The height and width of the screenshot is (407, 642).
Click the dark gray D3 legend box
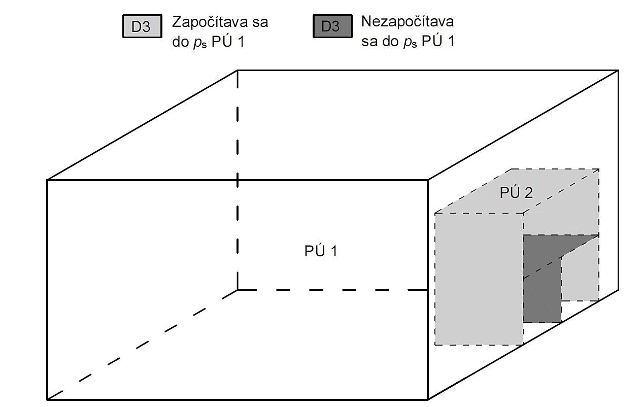click(332, 26)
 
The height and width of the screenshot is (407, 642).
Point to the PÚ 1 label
click(321, 251)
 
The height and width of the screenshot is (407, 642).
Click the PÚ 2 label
click(516, 193)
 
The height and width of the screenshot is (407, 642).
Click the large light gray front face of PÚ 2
click(479, 279)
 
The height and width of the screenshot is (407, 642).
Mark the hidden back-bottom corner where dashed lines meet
click(238, 290)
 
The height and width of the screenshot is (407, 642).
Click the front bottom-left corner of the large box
click(47, 399)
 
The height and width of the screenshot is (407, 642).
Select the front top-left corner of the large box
click(47, 180)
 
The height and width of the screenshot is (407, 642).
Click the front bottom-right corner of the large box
click(428, 399)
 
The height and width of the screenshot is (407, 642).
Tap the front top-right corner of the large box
click(428, 180)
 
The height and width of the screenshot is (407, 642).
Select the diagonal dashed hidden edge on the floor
click(142, 345)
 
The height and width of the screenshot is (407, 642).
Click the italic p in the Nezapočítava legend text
click(406, 42)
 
